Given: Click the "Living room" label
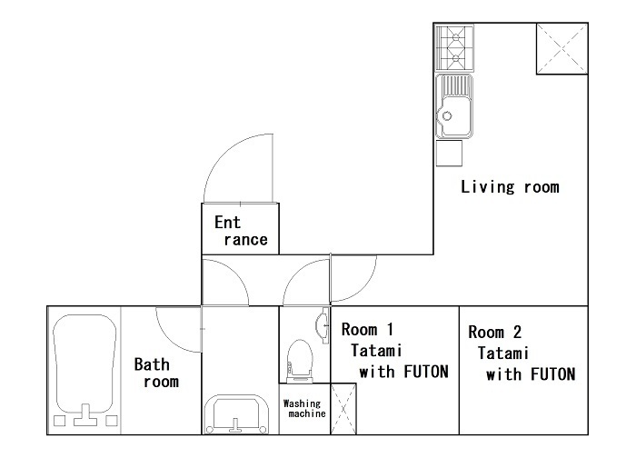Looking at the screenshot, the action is [x=510, y=186].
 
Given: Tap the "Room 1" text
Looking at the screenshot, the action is [x=367, y=329].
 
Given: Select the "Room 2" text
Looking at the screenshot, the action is [x=494, y=332].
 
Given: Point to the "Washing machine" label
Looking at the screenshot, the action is [x=304, y=409].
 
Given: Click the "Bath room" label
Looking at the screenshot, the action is [x=156, y=373].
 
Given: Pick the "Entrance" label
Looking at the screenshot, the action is [x=241, y=231].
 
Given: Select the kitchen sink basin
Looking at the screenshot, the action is [x=454, y=106].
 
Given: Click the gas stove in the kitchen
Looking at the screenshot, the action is [x=454, y=48].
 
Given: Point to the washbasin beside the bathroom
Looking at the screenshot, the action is [x=235, y=413].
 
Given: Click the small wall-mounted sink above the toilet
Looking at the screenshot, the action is [x=323, y=325].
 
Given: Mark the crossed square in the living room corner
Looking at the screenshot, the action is [x=562, y=49].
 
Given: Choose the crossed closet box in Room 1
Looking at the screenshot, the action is [x=343, y=409].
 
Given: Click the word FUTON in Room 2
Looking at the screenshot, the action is [x=552, y=374].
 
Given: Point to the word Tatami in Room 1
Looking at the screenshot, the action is [x=376, y=350].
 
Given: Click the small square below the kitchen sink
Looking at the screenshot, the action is [x=449, y=154].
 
